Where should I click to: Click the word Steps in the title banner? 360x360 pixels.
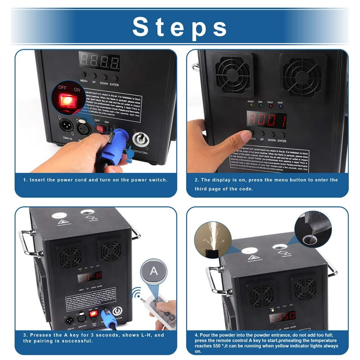(x=180, y=27)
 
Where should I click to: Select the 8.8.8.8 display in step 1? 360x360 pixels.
(x=99, y=61)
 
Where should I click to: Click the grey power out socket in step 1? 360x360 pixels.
(x=140, y=140)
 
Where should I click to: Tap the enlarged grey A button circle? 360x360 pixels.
(x=153, y=270)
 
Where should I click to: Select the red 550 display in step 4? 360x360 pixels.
(x=282, y=316)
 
